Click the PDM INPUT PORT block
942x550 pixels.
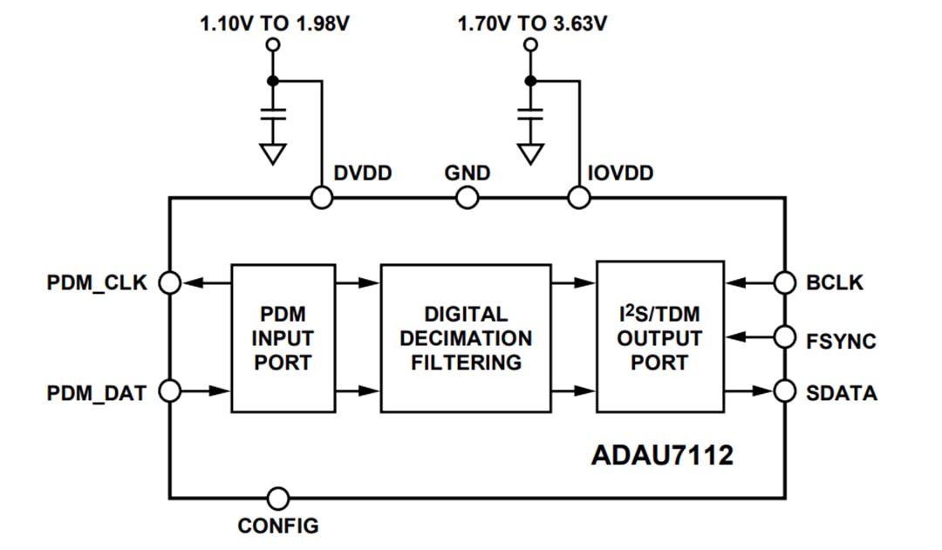point(283,337)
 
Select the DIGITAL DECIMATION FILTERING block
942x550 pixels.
point(466,337)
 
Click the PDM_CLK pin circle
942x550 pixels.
point(170,282)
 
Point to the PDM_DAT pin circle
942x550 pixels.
point(170,392)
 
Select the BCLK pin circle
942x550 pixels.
point(785,282)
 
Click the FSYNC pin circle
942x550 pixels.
point(785,337)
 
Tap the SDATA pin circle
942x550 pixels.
point(785,392)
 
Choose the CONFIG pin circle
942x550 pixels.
point(278,498)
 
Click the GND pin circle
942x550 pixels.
point(468,199)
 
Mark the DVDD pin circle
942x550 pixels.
point(322,199)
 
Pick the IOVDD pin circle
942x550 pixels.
point(577,199)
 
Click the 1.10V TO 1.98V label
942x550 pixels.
point(275,24)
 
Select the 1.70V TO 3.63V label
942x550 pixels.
point(532,24)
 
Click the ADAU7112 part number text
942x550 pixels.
point(662,454)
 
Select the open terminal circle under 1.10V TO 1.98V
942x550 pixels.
point(274,44)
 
